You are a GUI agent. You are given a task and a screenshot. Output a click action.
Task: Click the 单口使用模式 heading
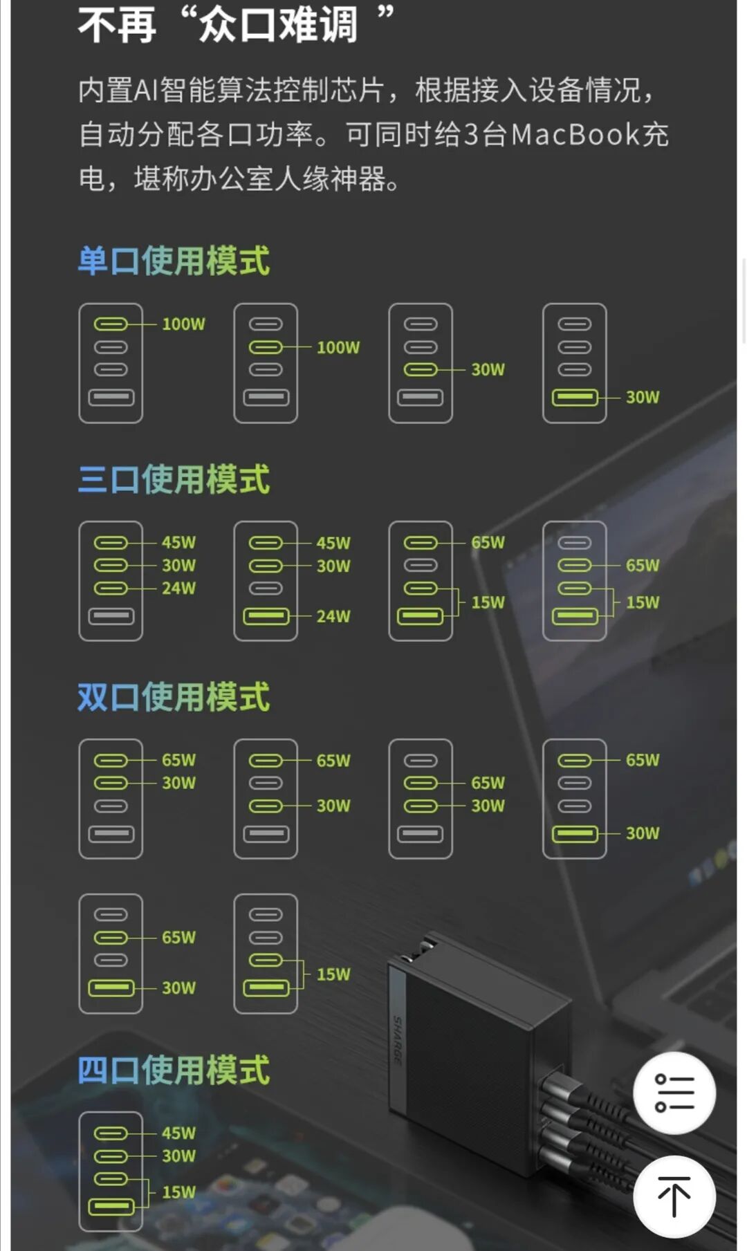174,261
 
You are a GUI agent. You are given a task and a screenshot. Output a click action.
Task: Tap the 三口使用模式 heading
174,479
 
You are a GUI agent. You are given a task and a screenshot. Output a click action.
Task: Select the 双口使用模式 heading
174,697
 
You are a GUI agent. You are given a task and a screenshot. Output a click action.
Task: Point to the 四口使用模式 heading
174,1070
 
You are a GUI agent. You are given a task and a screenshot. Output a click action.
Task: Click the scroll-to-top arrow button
674,1196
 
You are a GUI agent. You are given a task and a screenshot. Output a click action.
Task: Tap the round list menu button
674,1093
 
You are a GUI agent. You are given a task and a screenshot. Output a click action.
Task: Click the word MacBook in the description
575,134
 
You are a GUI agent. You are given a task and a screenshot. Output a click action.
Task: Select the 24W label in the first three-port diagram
178,589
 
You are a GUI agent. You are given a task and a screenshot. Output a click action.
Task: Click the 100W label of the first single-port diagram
183,324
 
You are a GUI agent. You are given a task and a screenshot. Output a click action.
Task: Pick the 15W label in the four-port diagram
178,1192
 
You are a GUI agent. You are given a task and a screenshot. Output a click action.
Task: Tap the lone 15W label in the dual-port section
333,974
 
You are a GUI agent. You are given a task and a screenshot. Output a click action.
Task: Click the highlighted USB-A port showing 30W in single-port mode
575,398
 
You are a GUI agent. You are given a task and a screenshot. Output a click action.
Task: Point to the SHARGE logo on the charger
398,1040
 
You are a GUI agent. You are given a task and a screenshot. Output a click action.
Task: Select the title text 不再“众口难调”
235,25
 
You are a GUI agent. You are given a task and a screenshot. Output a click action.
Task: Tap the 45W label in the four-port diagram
178,1133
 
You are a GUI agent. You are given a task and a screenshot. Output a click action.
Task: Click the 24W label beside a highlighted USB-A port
333,616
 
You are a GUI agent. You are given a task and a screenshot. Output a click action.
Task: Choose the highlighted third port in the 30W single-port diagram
421,370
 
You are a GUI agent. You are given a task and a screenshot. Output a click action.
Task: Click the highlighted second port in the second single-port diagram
266,347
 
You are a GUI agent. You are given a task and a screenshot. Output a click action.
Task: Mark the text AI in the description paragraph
146,90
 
